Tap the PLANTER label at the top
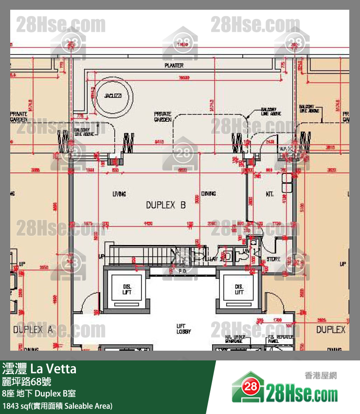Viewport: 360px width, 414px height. point(174,65)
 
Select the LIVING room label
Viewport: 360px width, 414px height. point(119,194)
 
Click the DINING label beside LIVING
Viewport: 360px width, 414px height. point(208,194)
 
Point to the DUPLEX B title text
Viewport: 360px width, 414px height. point(166,206)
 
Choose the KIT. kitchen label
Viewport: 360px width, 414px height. point(270,194)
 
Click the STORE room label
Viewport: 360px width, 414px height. point(273,259)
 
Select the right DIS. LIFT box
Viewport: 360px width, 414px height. point(239,289)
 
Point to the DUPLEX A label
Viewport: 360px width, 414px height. point(33,330)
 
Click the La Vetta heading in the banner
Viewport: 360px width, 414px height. point(54,369)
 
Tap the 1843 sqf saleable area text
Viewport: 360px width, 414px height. point(57,405)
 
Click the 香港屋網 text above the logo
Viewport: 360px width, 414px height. point(320,376)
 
